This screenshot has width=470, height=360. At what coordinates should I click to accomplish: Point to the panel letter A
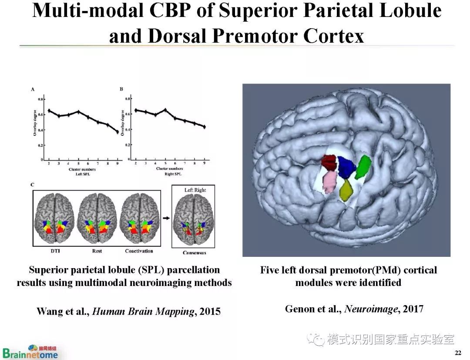[x=32, y=89]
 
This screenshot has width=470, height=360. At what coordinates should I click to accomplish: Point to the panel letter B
[x=121, y=89]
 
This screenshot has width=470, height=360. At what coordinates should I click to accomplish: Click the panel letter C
[x=32, y=185]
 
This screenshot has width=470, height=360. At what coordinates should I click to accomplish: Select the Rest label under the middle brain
[x=97, y=251]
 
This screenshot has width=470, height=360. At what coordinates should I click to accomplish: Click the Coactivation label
[x=139, y=251]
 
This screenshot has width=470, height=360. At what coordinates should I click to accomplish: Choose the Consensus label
[x=194, y=252]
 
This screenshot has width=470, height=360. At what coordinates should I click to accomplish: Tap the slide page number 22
[x=457, y=352]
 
